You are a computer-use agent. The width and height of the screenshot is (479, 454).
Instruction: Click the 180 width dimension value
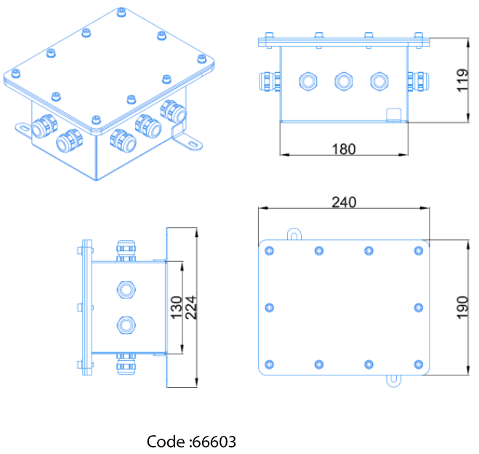[x=343, y=149]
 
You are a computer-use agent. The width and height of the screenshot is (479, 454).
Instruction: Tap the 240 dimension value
[x=344, y=202]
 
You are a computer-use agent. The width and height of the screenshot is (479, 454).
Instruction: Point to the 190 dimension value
[x=464, y=305]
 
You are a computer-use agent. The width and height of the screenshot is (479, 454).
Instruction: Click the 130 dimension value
[x=175, y=308]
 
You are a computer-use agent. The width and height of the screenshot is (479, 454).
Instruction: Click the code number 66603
[x=212, y=442]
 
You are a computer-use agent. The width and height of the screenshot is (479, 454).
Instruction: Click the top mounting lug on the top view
[x=294, y=234]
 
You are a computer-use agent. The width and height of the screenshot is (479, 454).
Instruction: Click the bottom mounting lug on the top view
[x=393, y=379]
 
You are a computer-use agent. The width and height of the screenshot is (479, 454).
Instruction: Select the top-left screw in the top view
[x=270, y=251]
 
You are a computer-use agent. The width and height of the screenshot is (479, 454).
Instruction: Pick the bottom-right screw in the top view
[x=418, y=364]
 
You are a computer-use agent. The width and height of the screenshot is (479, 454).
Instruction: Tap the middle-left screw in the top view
[x=270, y=307]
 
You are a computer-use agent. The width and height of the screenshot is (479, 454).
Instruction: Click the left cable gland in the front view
[x=270, y=80]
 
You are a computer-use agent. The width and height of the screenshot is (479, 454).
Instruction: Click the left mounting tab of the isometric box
[x=22, y=128]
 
